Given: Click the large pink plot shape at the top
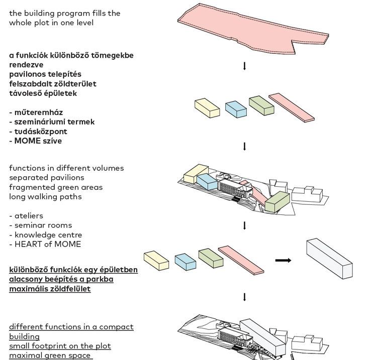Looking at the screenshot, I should pyautogui.click(x=251, y=28).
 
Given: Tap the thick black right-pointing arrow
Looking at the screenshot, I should pyautogui.click(x=283, y=260).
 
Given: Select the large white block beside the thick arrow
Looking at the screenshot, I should pyautogui.click(x=329, y=258).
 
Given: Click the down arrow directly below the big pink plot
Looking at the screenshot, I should pyautogui.click(x=244, y=66).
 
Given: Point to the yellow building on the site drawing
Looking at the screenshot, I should pyautogui.click(x=196, y=174).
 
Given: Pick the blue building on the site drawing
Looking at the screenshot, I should pyautogui.click(x=207, y=182).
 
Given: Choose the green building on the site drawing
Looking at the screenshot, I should pyautogui.click(x=277, y=201).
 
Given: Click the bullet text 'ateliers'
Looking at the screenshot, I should pyautogui.click(x=29, y=216).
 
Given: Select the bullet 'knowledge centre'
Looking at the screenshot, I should pyautogui.click(x=48, y=235).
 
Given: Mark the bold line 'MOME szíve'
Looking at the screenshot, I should pyautogui.click(x=38, y=141).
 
